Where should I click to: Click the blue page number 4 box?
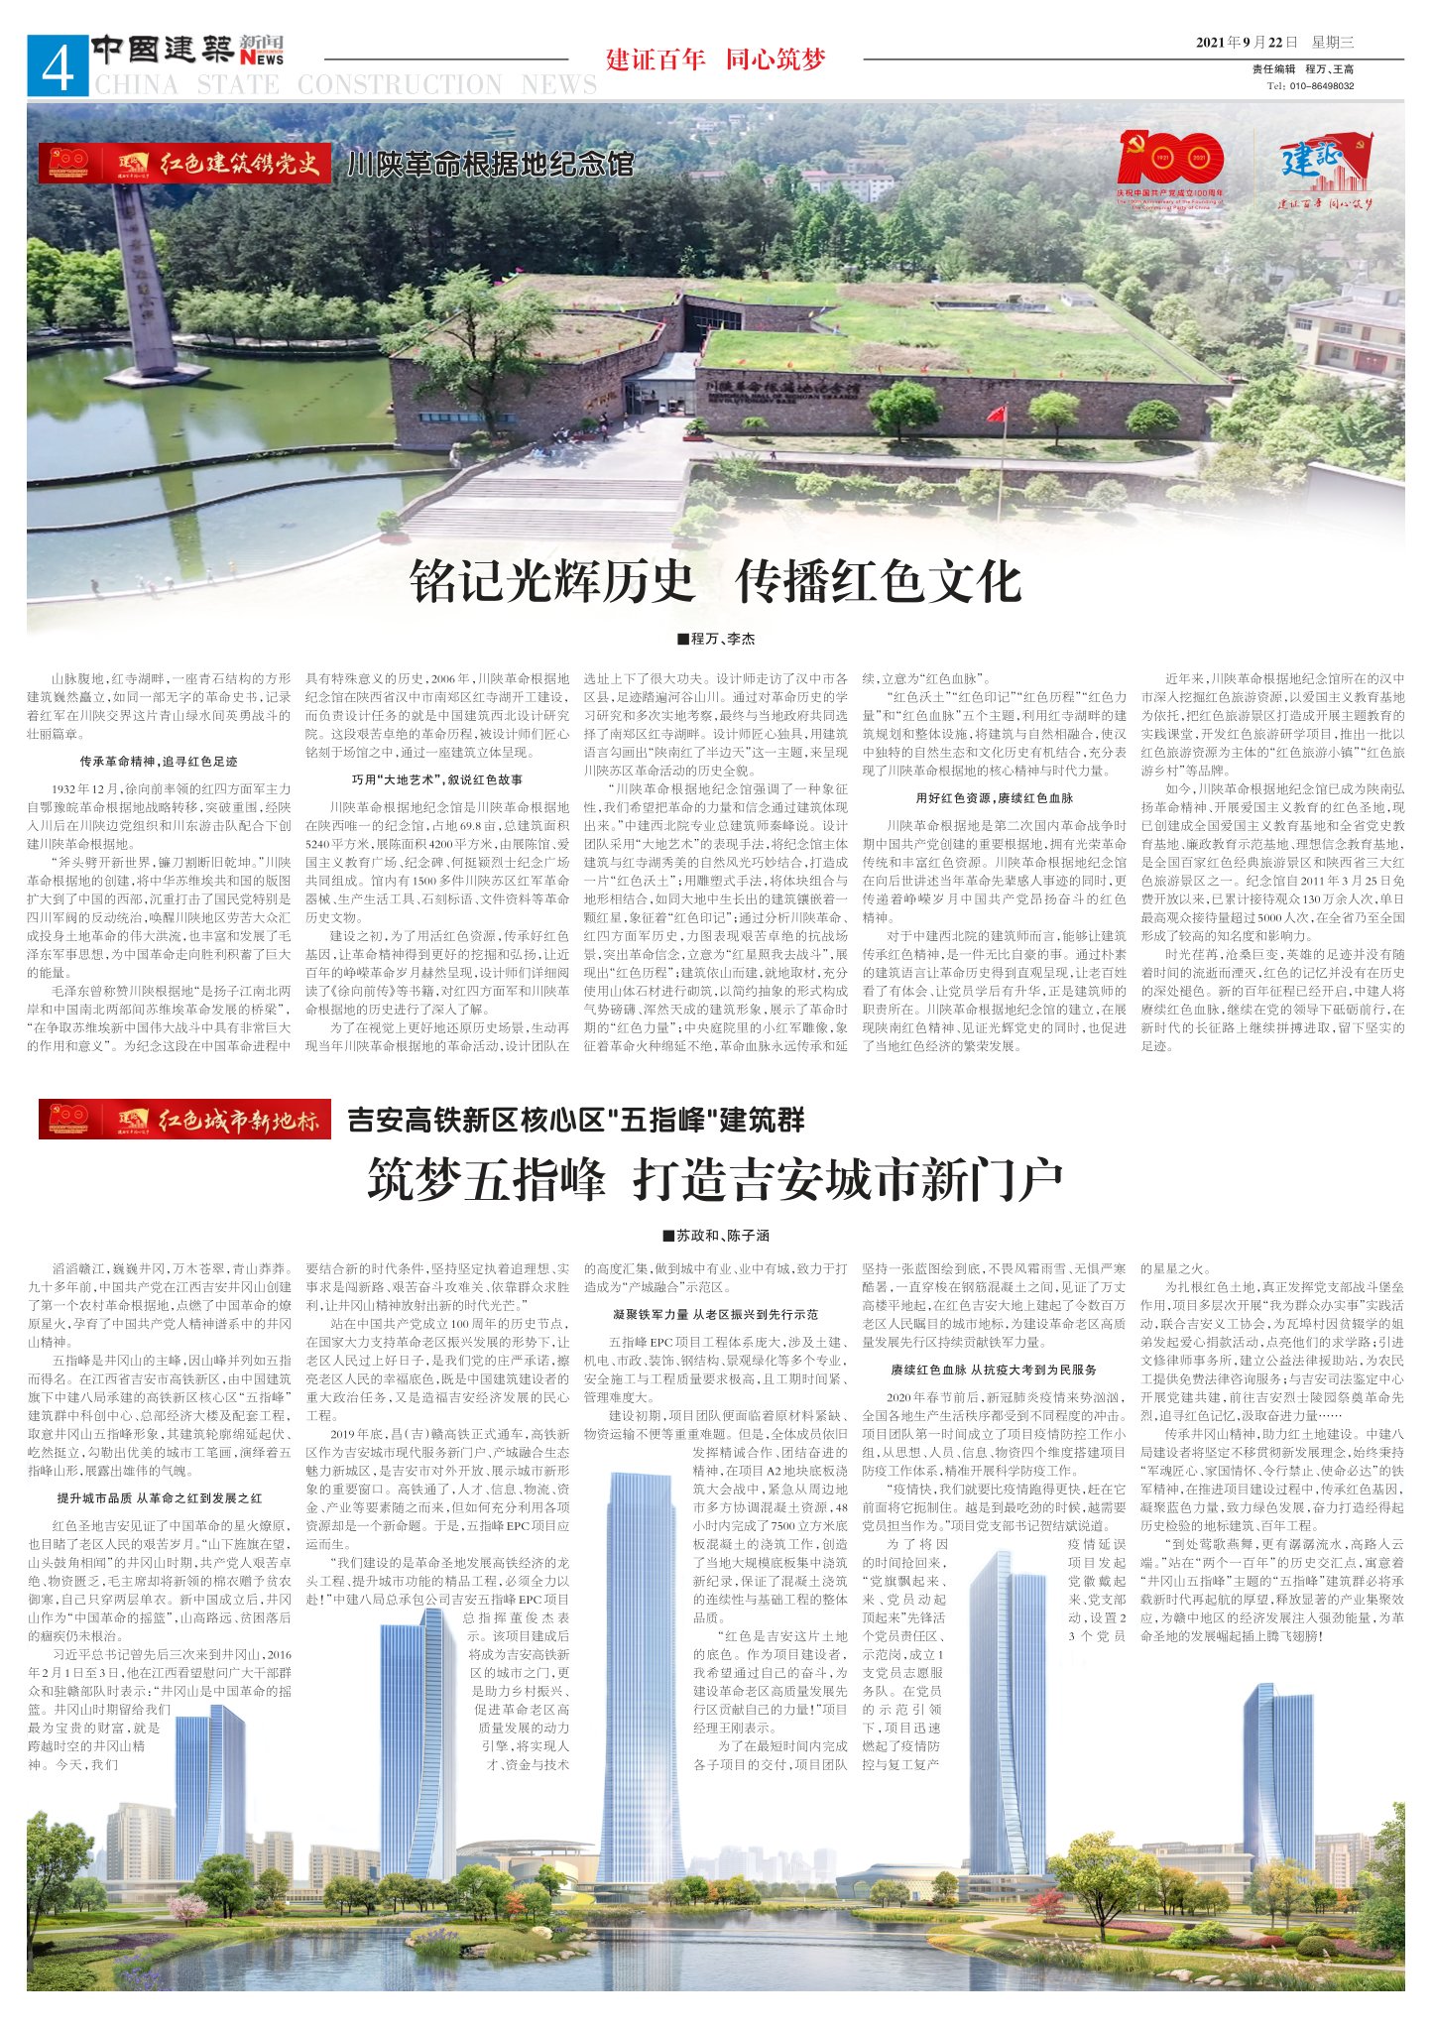58,66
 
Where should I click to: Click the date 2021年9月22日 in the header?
1247,42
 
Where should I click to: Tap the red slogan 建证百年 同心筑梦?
715,60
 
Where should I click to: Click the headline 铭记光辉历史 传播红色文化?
715,580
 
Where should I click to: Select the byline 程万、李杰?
715,639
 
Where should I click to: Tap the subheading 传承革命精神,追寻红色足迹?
159,762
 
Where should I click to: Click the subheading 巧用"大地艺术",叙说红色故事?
437,779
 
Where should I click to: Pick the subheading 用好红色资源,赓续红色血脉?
994,797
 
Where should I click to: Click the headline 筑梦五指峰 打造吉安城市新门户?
715,1179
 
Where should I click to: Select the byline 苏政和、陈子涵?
715,1236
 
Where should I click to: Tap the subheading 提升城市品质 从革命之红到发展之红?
159,1497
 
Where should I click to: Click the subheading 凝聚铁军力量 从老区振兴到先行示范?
715,1314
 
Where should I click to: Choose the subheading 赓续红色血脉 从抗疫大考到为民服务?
994,1370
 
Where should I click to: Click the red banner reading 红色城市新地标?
184,1121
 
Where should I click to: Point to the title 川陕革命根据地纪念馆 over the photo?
490,164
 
